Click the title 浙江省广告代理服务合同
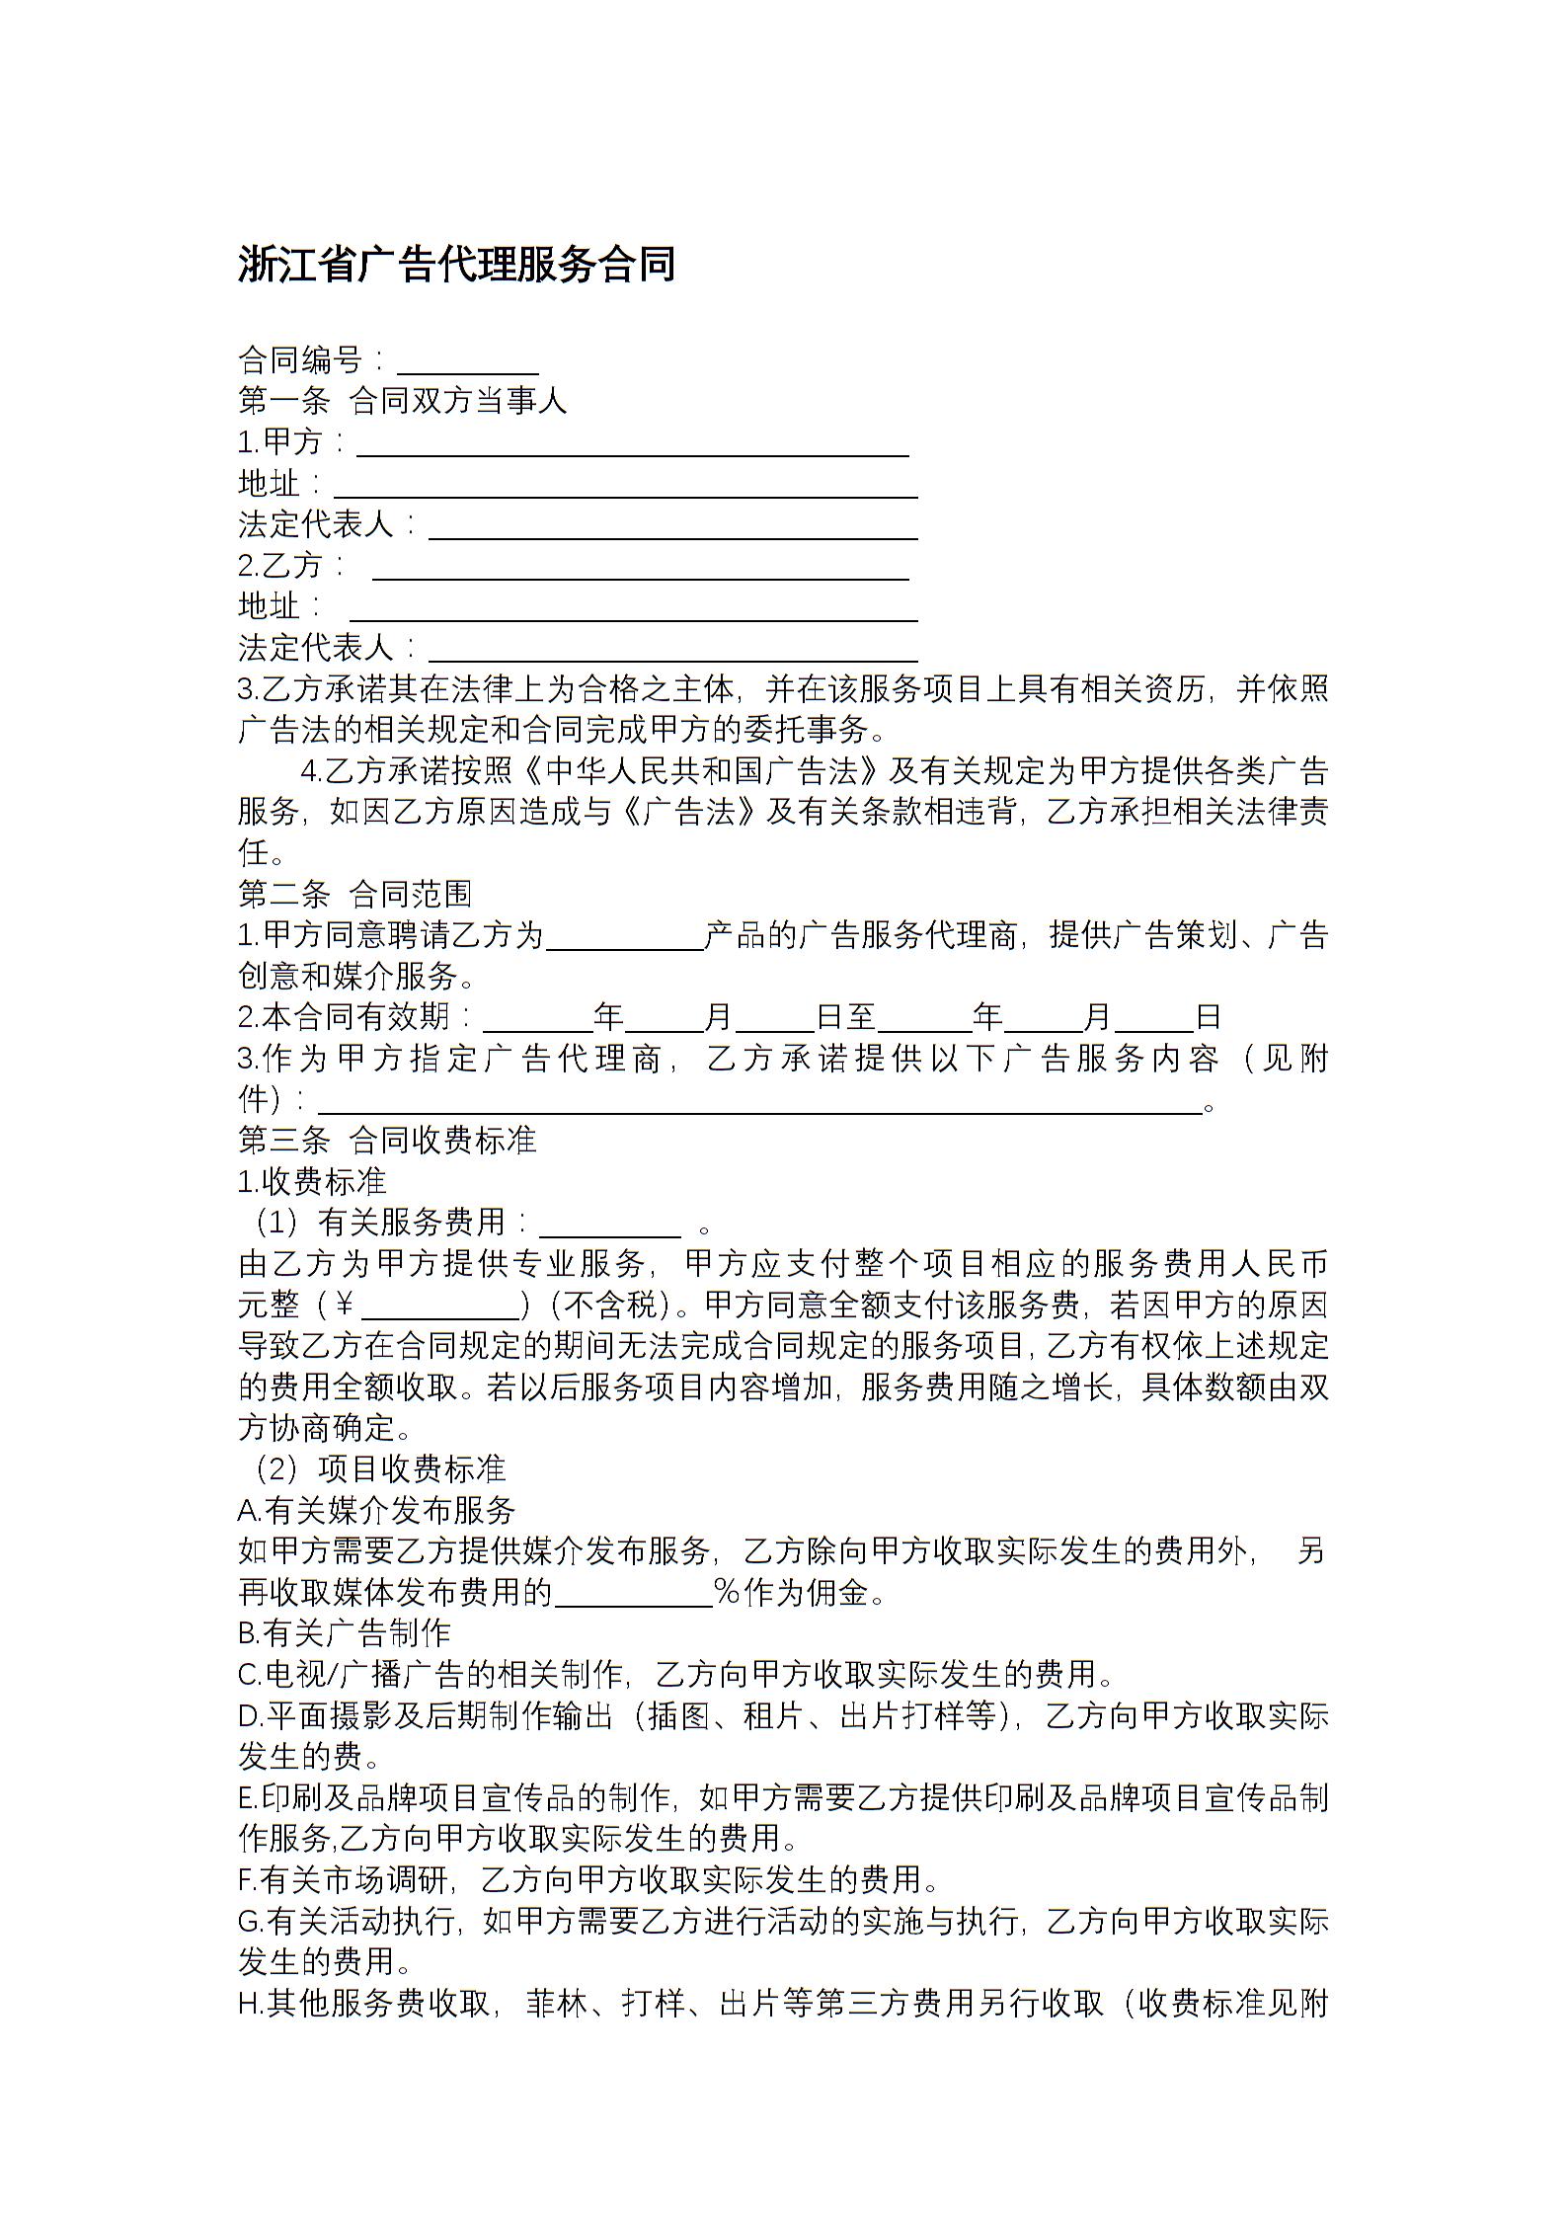[x=456, y=265]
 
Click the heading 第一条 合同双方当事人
[x=403, y=401]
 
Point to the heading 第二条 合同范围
[x=355, y=894]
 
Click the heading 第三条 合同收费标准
[x=387, y=1140]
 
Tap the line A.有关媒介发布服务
[x=377, y=1510]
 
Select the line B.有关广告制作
[x=345, y=1633]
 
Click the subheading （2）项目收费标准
[x=375, y=1468]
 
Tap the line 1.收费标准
[x=313, y=1181]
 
